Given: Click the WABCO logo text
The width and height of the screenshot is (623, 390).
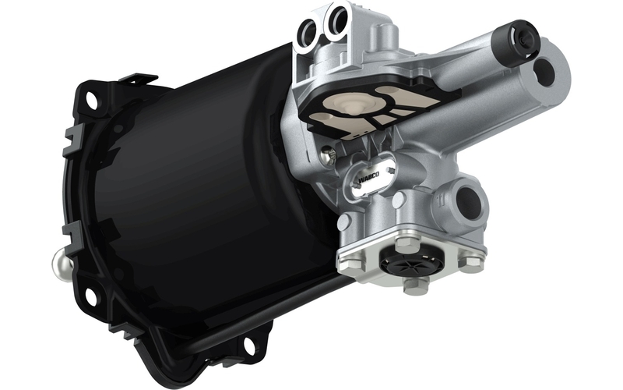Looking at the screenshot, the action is point(368,178).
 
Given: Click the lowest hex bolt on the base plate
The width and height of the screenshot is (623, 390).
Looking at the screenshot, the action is point(414,285).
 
